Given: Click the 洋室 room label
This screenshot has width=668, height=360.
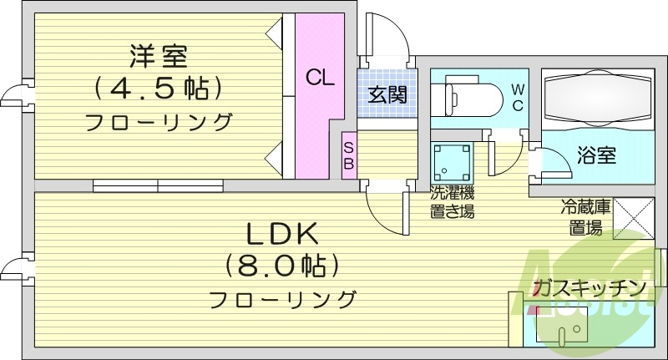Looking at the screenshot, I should [158, 57].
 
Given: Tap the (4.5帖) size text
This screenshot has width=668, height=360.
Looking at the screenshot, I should [158, 87].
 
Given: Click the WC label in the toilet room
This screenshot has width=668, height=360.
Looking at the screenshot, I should [517, 97].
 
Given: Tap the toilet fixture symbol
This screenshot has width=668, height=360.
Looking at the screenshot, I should [471, 99].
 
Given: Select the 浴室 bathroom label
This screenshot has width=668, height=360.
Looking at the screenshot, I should [596, 155].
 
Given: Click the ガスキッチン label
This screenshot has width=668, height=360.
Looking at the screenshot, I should [590, 289].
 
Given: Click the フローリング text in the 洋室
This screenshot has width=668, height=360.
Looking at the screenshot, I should [158, 122].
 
